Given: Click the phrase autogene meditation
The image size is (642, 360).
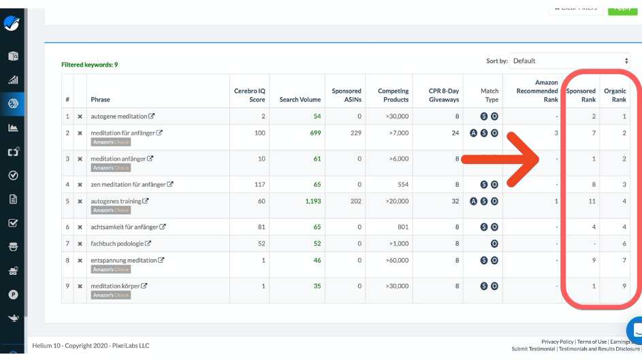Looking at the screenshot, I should [x=120, y=116].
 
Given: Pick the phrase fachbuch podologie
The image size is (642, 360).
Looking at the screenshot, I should [x=116, y=243].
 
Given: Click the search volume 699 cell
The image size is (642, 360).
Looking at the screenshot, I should [x=314, y=132].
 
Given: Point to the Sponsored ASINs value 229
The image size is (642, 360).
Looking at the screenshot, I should [x=355, y=132].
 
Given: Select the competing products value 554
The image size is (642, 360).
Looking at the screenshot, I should [x=402, y=184].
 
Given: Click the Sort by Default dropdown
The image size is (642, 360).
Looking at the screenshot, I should [x=571, y=61].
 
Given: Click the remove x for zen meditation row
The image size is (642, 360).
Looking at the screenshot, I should [x=80, y=184].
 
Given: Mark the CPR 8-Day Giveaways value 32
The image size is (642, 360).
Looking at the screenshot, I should [x=455, y=201].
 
